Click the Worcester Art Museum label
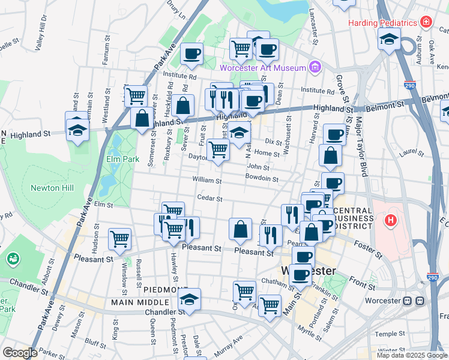(264, 68)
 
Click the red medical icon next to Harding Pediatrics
(426, 22)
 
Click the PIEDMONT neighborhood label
(165, 289)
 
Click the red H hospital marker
(391, 221)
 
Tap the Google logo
(19, 353)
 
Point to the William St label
(207, 180)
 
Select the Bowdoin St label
(262, 178)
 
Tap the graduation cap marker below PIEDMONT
(190, 299)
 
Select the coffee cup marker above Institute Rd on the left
(192, 54)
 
